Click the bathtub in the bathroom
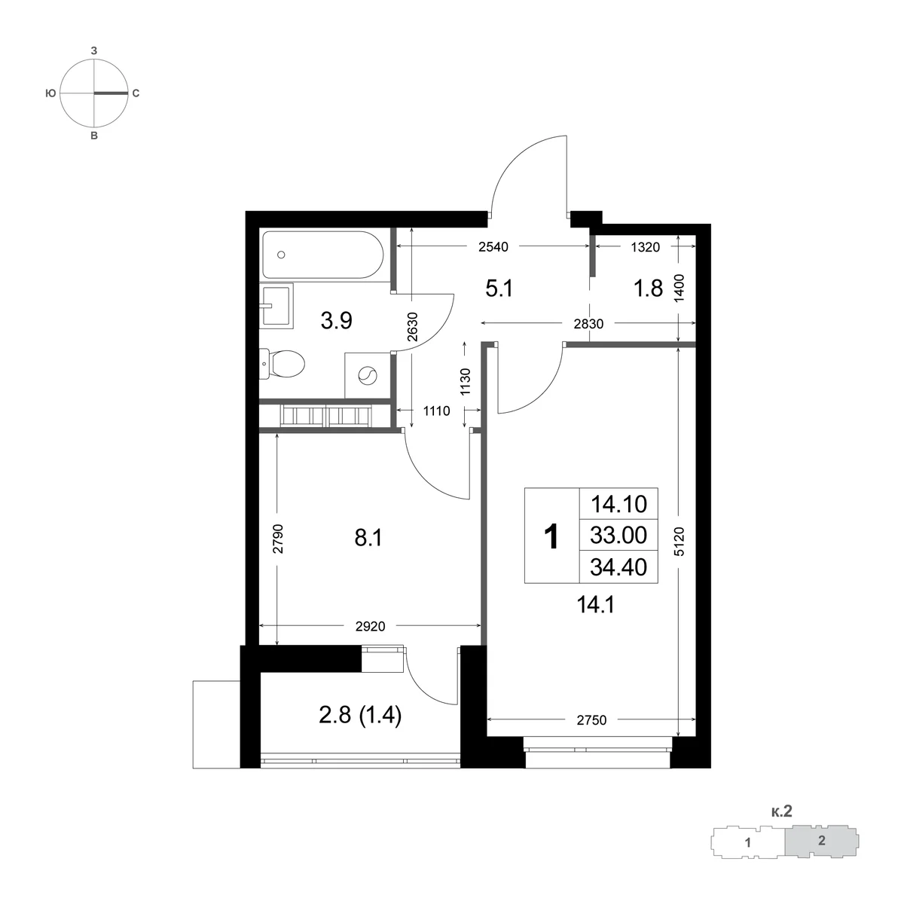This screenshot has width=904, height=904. tap(322, 255)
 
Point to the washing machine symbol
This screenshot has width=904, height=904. tap(368, 376)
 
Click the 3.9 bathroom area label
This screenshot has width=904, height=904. tap(336, 321)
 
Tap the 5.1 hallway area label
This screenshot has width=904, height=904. tap(499, 289)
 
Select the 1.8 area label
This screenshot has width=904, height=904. tap(648, 289)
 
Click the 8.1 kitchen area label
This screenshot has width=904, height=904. tap(368, 538)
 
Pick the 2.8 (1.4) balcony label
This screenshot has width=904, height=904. tap(360, 716)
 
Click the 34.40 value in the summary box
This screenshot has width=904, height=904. tap(618, 567)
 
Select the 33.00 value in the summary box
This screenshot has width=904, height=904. tap(618, 535)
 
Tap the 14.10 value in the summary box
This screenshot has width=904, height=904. tap(618, 504)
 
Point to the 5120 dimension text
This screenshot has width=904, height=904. tap(680, 542)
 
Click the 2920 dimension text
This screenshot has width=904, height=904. tap(370, 626)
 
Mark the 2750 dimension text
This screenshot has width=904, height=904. tap(591, 720)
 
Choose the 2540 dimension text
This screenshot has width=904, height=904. tap(493, 247)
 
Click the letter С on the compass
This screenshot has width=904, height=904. tap(136, 93)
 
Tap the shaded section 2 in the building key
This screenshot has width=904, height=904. tap(822, 841)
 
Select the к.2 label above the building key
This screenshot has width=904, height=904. tap(781, 811)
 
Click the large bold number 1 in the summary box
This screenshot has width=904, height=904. tap(551, 536)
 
